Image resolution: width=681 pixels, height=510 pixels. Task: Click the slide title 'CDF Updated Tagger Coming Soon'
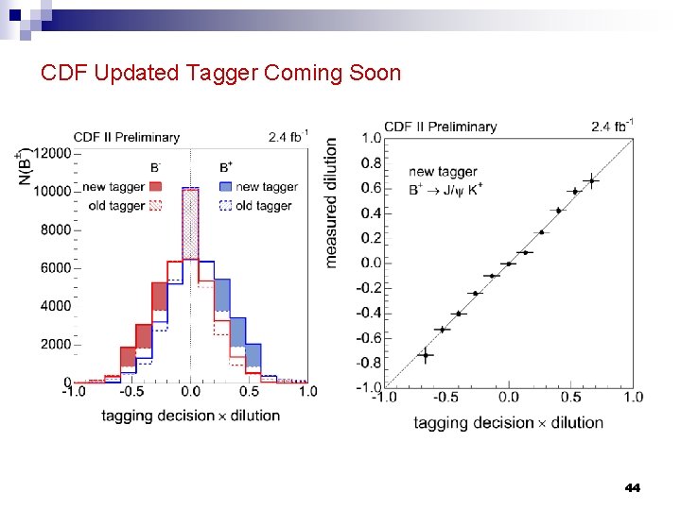[x=220, y=73]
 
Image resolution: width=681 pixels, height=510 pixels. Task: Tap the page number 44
[x=632, y=488]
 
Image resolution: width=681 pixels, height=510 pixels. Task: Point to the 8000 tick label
[x=55, y=229]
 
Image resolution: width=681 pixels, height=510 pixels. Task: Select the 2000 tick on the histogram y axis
[x=55, y=344]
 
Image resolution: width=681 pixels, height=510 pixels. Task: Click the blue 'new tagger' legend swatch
[x=225, y=186]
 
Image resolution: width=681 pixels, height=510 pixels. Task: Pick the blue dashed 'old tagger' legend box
[x=225, y=205]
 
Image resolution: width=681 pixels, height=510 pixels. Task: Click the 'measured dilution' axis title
[x=331, y=202]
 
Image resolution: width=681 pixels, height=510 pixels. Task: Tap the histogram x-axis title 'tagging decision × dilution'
[x=190, y=415]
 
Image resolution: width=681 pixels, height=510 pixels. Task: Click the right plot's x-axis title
[x=508, y=422]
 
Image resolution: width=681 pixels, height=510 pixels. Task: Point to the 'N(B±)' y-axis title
[x=26, y=165]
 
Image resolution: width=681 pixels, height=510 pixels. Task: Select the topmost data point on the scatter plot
[x=591, y=180]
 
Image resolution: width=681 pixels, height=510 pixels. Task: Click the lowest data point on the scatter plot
[x=426, y=355]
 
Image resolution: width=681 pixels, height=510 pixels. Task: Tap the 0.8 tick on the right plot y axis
[x=372, y=162]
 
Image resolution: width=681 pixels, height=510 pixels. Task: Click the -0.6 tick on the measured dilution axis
[x=369, y=338]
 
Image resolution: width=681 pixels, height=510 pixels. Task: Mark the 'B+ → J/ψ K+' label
[x=445, y=189]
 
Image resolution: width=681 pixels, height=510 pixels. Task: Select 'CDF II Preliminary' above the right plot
[x=440, y=126]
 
